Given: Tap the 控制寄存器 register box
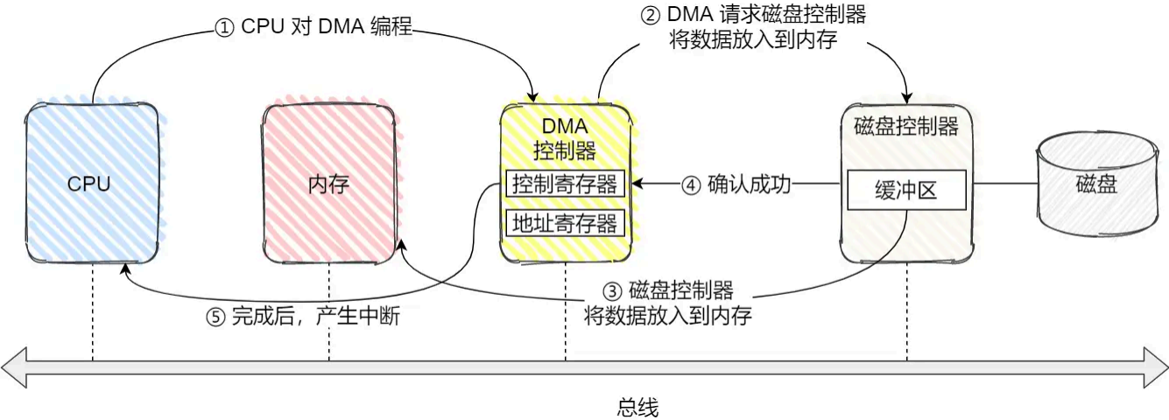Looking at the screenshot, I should pyautogui.click(x=565, y=185).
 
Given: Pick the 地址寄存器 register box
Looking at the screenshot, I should pyautogui.click(x=565, y=222).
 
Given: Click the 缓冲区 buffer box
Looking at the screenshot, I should pyautogui.click(x=906, y=190).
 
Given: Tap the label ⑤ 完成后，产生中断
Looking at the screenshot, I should pyautogui.click(x=303, y=317).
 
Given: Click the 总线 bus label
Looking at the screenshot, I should pyautogui.click(x=637, y=407).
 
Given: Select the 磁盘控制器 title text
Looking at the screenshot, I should pyautogui.click(x=906, y=126).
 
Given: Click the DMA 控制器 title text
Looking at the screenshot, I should pyautogui.click(x=565, y=138).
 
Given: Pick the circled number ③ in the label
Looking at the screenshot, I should pyautogui.click(x=613, y=291).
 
